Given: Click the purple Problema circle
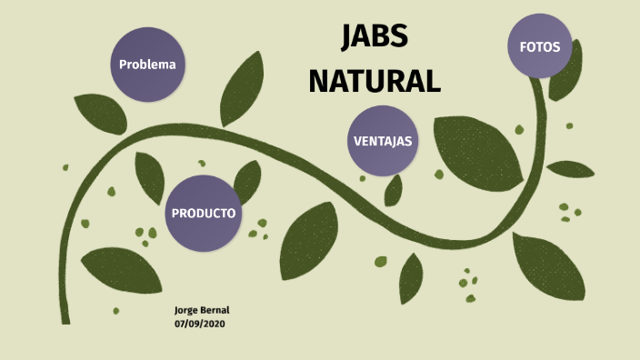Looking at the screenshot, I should pos(146,65).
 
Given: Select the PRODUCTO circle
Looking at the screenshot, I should pos(204,213).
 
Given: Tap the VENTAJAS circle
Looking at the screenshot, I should pos(382,141).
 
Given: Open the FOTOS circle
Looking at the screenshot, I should pos(540,46).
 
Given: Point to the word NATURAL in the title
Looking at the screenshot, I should pos(375,80).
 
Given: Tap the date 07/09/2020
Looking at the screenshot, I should pos(199,324).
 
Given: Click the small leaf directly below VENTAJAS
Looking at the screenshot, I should pos(394,190).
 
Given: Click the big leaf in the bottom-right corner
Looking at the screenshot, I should pos(547,265).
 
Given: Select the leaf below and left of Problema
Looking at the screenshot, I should pos(100,114).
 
